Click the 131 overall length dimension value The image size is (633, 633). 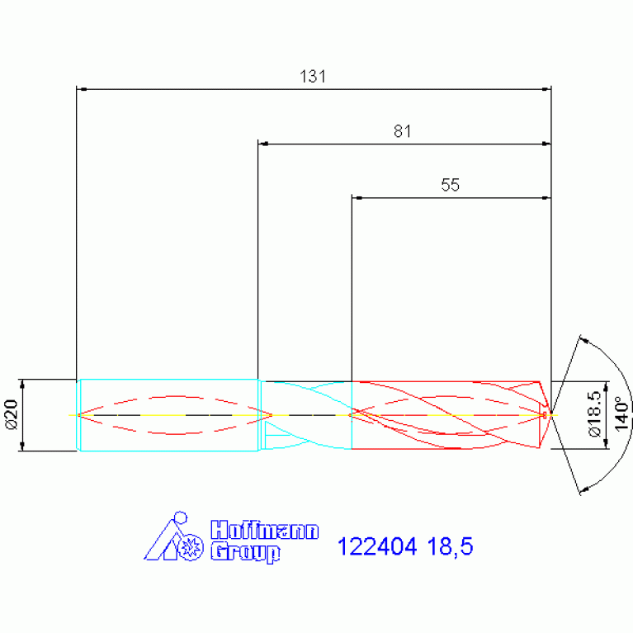pyautogui.click(x=313, y=76)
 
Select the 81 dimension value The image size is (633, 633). pyautogui.click(x=403, y=131)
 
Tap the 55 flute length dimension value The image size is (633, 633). pyautogui.click(x=450, y=185)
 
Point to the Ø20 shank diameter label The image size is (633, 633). pyautogui.click(x=12, y=414)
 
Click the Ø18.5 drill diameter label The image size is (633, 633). pyautogui.click(x=595, y=413)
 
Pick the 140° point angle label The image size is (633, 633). pyautogui.click(x=621, y=413)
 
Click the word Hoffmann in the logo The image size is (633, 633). pyautogui.click(x=264, y=530)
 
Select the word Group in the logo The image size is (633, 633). pyautogui.click(x=245, y=552)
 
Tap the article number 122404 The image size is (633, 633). pyautogui.click(x=377, y=546)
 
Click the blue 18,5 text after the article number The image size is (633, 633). pyautogui.click(x=450, y=547)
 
